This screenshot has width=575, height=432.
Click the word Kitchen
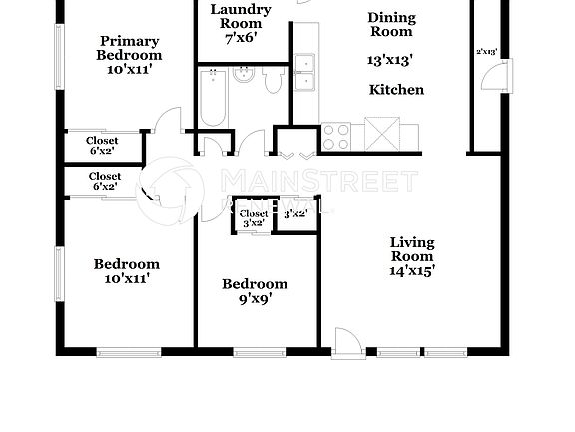click(x=396, y=90)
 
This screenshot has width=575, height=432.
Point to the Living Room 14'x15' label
click(x=412, y=255)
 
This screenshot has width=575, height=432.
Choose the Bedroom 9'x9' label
click(x=254, y=290)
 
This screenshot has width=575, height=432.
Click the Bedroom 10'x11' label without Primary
click(x=127, y=271)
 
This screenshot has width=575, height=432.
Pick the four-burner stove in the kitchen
click(x=336, y=135)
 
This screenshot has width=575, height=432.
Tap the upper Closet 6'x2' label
click(x=102, y=146)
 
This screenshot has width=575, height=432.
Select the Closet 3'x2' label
click(x=254, y=218)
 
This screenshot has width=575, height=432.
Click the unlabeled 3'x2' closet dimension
click(x=294, y=214)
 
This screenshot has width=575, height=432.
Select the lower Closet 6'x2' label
click(x=104, y=181)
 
